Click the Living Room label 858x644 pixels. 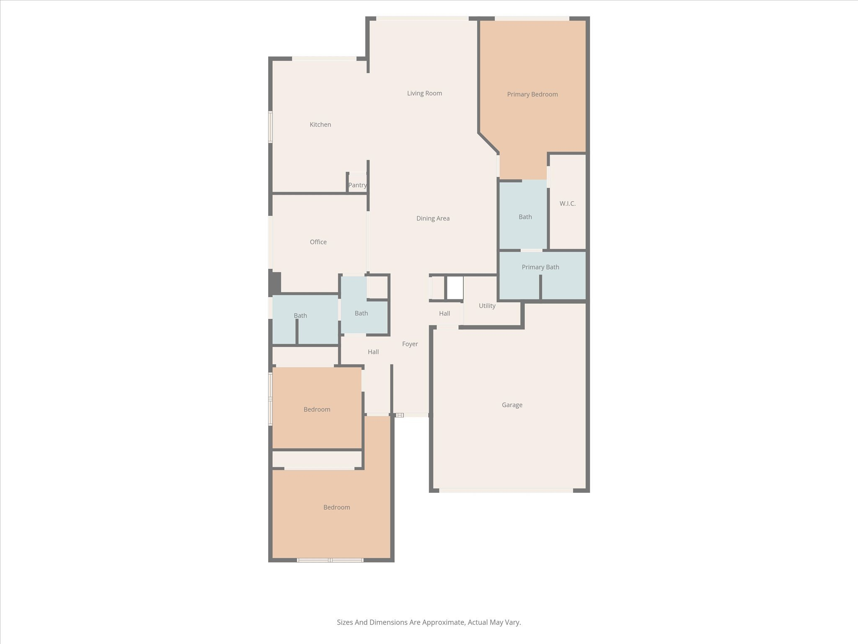pyautogui.click(x=424, y=93)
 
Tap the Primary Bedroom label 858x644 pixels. pyautogui.click(x=532, y=94)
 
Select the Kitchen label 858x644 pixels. pyautogui.click(x=320, y=125)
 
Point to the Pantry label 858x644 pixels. pyautogui.click(x=357, y=185)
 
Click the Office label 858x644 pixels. pyautogui.click(x=318, y=242)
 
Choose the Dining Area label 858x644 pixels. pyautogui.click(x=433, y=218)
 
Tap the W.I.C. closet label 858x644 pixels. pyautogui.click(x=568, y=203)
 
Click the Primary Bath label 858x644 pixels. pyautogui.click(x=540, y=267)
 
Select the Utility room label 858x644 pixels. pyautogui.click(x=487, y=306)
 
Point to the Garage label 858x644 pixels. pyautogui.click(x=512, y=405)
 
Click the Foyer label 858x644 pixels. pyautogui.click(x=410, y=344)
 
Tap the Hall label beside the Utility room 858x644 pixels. pyautogui.click(x=445, y=314)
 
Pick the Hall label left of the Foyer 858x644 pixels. pyautogui.click(x=373, y=352)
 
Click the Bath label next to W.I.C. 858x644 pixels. pyautogui.click(x=525, y=217)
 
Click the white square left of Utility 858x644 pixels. pyautogui.click(x=455, y=288)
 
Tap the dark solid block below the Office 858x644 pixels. pyautogui.click(x=275, y=283)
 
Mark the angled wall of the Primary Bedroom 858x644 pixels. pyautogui.click(x=488, y=143)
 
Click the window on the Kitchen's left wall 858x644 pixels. pyautogui.click(x=271, y=127)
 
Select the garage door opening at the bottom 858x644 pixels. pyautogui.click(x=506, y=490)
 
